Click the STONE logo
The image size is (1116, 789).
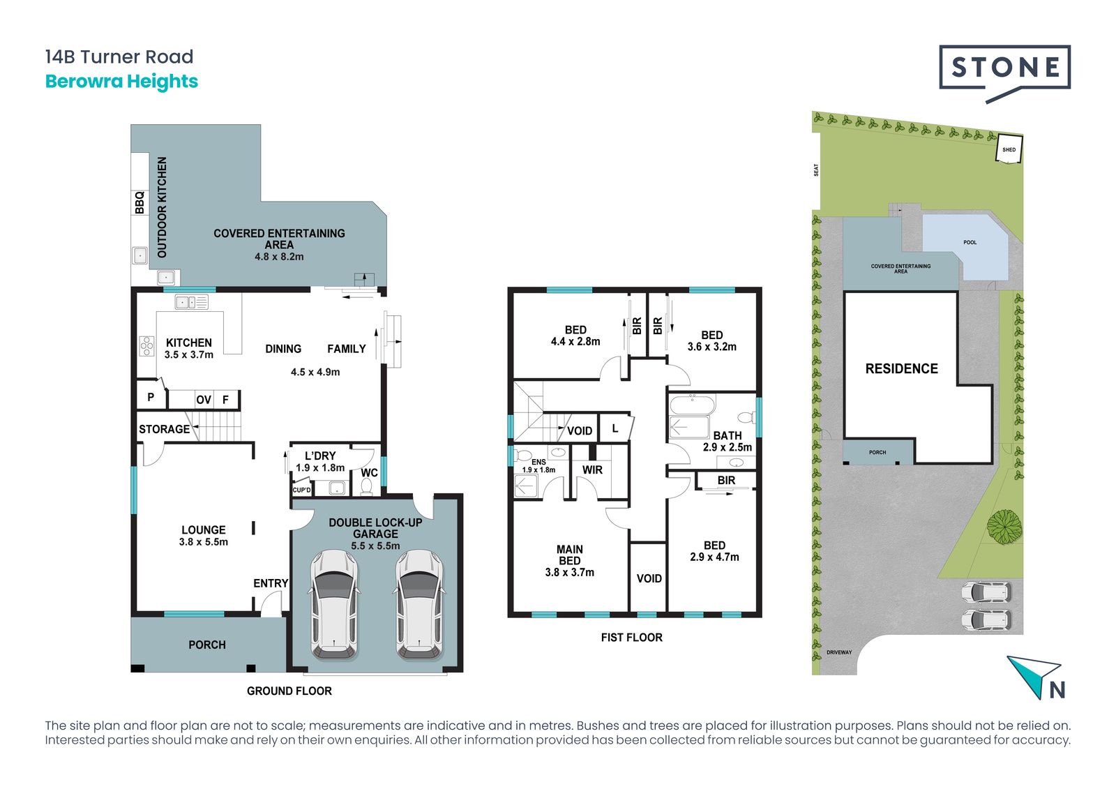[1004, 75]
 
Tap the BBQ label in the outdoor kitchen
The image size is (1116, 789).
[140, 202]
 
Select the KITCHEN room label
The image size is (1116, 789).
[189, 343]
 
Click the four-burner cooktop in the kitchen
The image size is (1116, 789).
[147, 346]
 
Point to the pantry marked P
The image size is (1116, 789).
[151, 397]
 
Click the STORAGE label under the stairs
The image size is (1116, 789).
[165, 429]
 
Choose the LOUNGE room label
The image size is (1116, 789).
[203, 529]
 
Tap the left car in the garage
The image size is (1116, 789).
[334, 605]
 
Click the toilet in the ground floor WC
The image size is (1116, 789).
[366, 486]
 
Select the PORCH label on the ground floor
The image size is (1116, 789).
[207, 645]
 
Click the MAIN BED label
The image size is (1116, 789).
[569, 555]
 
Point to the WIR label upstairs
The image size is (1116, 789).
[592, 470]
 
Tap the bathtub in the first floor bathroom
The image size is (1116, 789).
[693, 404]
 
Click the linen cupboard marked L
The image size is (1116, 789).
[616, 428]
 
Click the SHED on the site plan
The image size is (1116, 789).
[1009, 149]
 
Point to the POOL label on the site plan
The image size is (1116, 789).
[970, 242]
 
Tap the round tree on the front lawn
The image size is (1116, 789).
[1004, 525]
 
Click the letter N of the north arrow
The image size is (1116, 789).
[1057, 690]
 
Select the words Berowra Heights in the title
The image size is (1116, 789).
[121, 81]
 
